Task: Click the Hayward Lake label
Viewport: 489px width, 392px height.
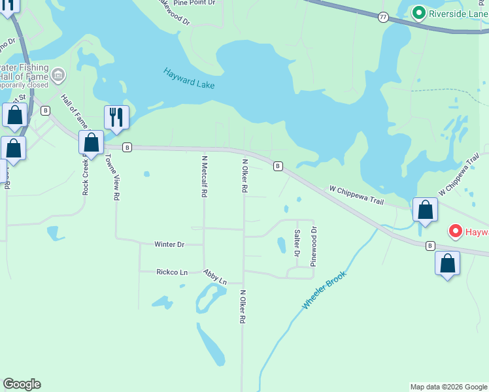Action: pyautogui.click(x=189, y=78)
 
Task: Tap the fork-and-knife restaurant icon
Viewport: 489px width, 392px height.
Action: pyautogui.click(x=116, y=118)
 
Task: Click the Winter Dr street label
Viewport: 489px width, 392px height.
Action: pyautogui.click(x=169, y=244)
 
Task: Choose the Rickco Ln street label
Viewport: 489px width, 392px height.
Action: pyautogui.click(x=172, y=272)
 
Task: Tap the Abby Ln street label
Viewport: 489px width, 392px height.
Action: pyautogui.click(x=214, y=276)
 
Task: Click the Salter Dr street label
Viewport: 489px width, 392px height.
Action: pyautogui.click(x=297, y=242)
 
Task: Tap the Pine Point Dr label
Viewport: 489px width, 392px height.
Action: pyautogui.click(x=194, y=3)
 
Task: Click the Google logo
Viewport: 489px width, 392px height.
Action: pyautogui.click(x=22, y=384)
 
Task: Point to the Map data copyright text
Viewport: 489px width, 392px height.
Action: pyautogui.click(x=448, y=387)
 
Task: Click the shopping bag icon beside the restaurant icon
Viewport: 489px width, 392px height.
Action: pyautogui.click(x=92, y=142)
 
